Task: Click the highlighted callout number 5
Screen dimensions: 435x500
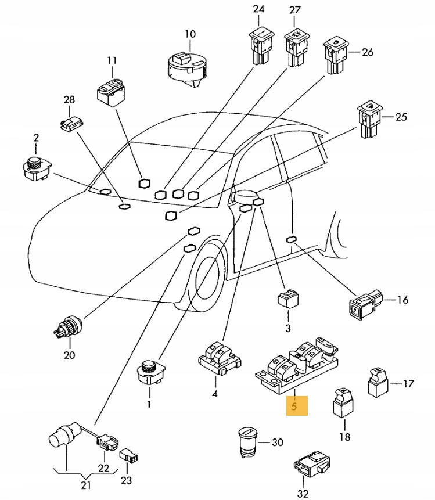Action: click(x=294, y=407)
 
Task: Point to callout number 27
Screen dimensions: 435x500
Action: click(x=294, y=10)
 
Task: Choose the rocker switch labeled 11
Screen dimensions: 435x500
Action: click(x=110, y=92)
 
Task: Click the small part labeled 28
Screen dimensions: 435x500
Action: click(x=72, y=123)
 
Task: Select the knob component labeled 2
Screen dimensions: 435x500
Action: click(x=37, y=168)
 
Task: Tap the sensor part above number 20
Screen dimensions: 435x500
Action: click(x=68, y=326)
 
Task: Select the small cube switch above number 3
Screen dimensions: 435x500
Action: click(x=288, y=298)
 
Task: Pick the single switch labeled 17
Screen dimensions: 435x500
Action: click(x=378, y=382)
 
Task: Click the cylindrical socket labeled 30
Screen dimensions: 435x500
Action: click(x=248, y=443)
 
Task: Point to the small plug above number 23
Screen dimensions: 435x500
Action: click(x=129, y=456)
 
